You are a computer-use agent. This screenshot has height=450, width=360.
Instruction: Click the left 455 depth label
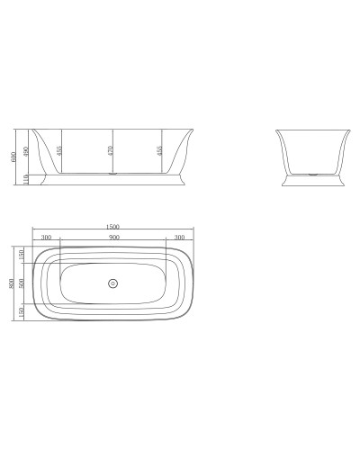click(59, 150)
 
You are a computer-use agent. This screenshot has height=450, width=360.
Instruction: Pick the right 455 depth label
click(160, 150)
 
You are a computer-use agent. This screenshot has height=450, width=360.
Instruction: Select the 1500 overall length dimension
click(112, 227)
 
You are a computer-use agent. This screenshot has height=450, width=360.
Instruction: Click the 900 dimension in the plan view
click(112, 238)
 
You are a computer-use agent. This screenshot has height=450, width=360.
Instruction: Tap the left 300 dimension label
click(46, 238)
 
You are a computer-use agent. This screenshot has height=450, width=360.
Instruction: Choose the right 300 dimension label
click(179, 238)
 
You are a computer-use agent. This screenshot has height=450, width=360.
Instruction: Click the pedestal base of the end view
click(310, 182)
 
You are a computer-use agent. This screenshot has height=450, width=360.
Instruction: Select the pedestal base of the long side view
click(111, 182)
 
